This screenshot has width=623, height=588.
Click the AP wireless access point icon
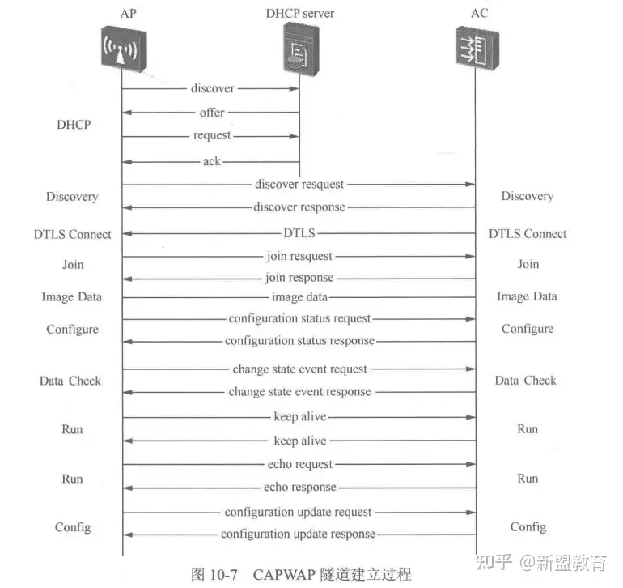pyautogui.click(x=122, y=49)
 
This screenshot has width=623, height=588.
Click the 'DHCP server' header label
pyautogui.click(x=299, y=13)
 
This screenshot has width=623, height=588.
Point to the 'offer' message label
pyautogui.click(x=212, y=113)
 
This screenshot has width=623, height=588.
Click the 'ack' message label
pyautogui.click(x=211, y=161)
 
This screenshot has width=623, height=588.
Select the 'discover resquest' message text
pyautogui.click(x=299, y=185)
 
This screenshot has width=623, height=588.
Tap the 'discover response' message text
pyautogui.click(x=299, y=207)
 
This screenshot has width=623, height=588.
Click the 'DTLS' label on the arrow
pyautogui.click(x=299, y=233)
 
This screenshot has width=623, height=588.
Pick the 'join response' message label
pyautogui.click(x=299, y=279)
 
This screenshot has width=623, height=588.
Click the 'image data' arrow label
pyautogui.click(x=299, y=298)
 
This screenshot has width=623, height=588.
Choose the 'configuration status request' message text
pyautogui.click(x=299, y=319)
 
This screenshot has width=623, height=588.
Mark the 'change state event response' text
pyautogui.click(x=299, y=392)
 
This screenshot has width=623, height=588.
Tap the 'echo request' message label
pyautogui.click(x=299, y=464)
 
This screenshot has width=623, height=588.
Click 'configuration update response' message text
pyautogui.click(x=299, y=535)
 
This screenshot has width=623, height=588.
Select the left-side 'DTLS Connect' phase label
pyautogui.click(x=73, y=234)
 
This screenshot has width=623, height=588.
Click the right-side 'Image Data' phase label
pyautogui.click(x=527, y=296)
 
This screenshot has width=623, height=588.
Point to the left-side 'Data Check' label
pyautogui.click(x=70, y=381)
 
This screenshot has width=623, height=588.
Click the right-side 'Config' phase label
pyautogui.click(x=528, y=527)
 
